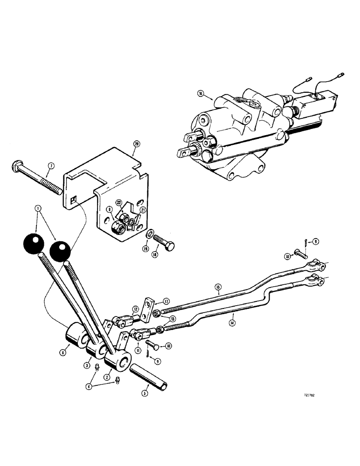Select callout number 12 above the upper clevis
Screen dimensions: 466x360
[x=135, y=308]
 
